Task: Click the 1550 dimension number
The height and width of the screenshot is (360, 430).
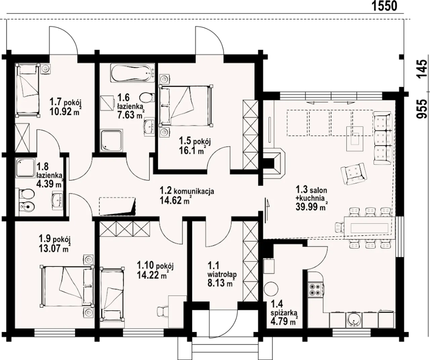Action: [x=384, y=6]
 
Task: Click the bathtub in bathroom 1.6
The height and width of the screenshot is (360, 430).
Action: [x=132, y=73]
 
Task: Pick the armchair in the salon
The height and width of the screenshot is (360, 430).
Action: [x=354, y=174]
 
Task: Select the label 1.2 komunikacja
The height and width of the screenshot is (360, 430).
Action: [x=187, y=191]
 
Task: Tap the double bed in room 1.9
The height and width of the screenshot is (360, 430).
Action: [x=67, y=286]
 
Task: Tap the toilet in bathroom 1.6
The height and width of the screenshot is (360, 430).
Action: [x=147, y=97]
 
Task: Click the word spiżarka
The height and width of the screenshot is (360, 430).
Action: [x=284, y=313]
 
